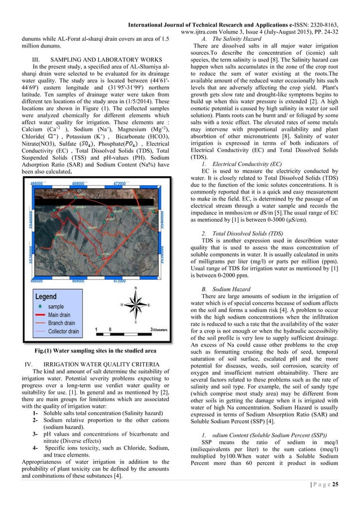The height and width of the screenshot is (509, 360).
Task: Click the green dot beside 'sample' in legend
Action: click(39, 306)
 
